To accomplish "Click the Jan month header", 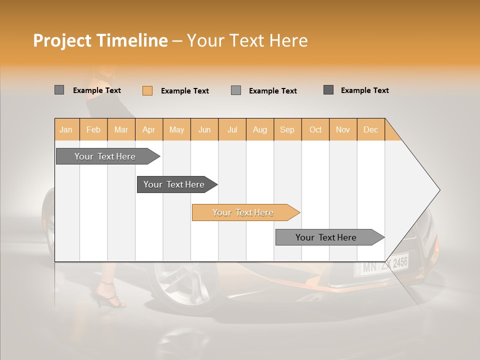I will [66, 129].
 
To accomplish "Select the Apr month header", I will [148, 129].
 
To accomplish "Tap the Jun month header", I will [204, 129].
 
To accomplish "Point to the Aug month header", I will [259, 129].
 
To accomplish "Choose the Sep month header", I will [287, 129].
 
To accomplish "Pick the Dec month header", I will [370, 129].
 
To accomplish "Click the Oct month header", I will [315, 129].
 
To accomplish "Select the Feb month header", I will [93, 129].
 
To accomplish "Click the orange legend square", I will [147, 90].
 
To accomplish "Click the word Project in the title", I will [61, 40].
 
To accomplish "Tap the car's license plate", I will [381, 265].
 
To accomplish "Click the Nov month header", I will [343, 129].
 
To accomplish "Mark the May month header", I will [176, 129].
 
